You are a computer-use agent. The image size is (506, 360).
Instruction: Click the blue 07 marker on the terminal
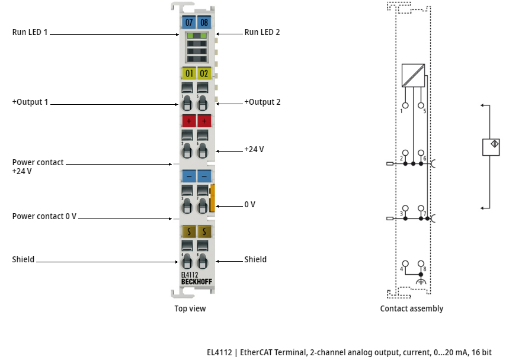click(x=189, y=22)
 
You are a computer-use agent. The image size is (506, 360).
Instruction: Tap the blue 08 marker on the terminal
click(x=204, y=22)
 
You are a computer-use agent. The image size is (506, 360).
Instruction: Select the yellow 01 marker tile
click(x=189, y=73)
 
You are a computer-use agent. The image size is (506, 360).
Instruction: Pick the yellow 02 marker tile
click(x=204, y=73)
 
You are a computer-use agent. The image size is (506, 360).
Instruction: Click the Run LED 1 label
click(x=30, y=32)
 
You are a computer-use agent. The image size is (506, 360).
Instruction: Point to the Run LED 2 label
click(x=262, y=32)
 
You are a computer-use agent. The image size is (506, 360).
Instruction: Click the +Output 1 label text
click(x=30, y=102)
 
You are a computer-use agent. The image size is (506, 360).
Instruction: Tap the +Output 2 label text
click(x=262, y=102)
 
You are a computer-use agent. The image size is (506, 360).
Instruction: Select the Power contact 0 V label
click(x=44, y=216)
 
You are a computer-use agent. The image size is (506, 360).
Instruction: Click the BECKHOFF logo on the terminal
click(x=197, y=282)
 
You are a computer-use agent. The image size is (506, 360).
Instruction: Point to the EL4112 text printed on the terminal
click(x=190, y=275)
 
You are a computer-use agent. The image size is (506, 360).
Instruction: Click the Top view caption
click(x=190, y=308)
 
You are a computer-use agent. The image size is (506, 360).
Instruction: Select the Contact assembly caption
click(x=411, y=308)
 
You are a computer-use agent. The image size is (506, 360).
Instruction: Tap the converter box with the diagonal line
click(x=413, y=75)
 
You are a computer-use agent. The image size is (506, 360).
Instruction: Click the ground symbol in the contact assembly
click(x=421, y=281)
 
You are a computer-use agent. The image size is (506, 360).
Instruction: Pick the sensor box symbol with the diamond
click(x=491, y=147)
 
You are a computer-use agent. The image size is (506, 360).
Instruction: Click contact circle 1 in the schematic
click(x=405, y=105)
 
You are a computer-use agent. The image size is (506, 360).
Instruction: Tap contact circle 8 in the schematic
click(x=421, y=263)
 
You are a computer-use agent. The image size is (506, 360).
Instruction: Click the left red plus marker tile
click(x=189, y=121)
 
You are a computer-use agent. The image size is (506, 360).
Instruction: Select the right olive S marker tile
click(x=204, y=232)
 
